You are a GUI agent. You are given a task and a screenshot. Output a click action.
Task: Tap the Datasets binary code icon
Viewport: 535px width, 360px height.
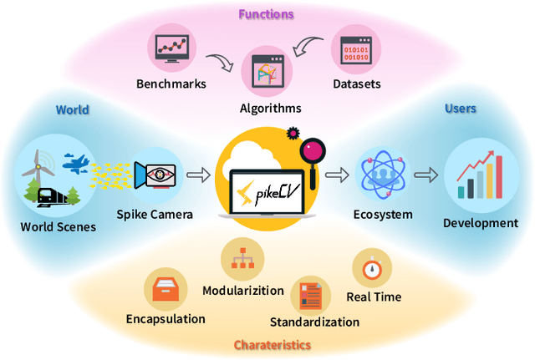tap(355, 48)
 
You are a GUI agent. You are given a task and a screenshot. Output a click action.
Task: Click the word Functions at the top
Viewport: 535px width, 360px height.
tap(266, 13)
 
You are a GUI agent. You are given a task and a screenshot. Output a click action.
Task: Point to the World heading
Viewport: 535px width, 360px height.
tap(72, 109)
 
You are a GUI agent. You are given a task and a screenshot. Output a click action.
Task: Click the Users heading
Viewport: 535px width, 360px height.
tap(461, 109)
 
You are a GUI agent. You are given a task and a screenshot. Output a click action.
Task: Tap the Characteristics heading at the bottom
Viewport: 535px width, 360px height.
tap(272, 344)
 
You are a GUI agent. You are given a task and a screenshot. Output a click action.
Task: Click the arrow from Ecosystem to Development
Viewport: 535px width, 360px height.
tap(426, 175)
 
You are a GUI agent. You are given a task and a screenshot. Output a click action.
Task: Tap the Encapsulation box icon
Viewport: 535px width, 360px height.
tap(165, 289)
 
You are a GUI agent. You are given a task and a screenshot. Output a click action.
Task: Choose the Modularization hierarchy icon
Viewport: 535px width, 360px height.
tap(243, 260)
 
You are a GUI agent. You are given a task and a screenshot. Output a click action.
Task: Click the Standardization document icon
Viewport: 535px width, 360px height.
tap(311, 297)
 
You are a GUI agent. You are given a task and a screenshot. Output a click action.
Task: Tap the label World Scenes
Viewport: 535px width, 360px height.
tap(59, 226)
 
